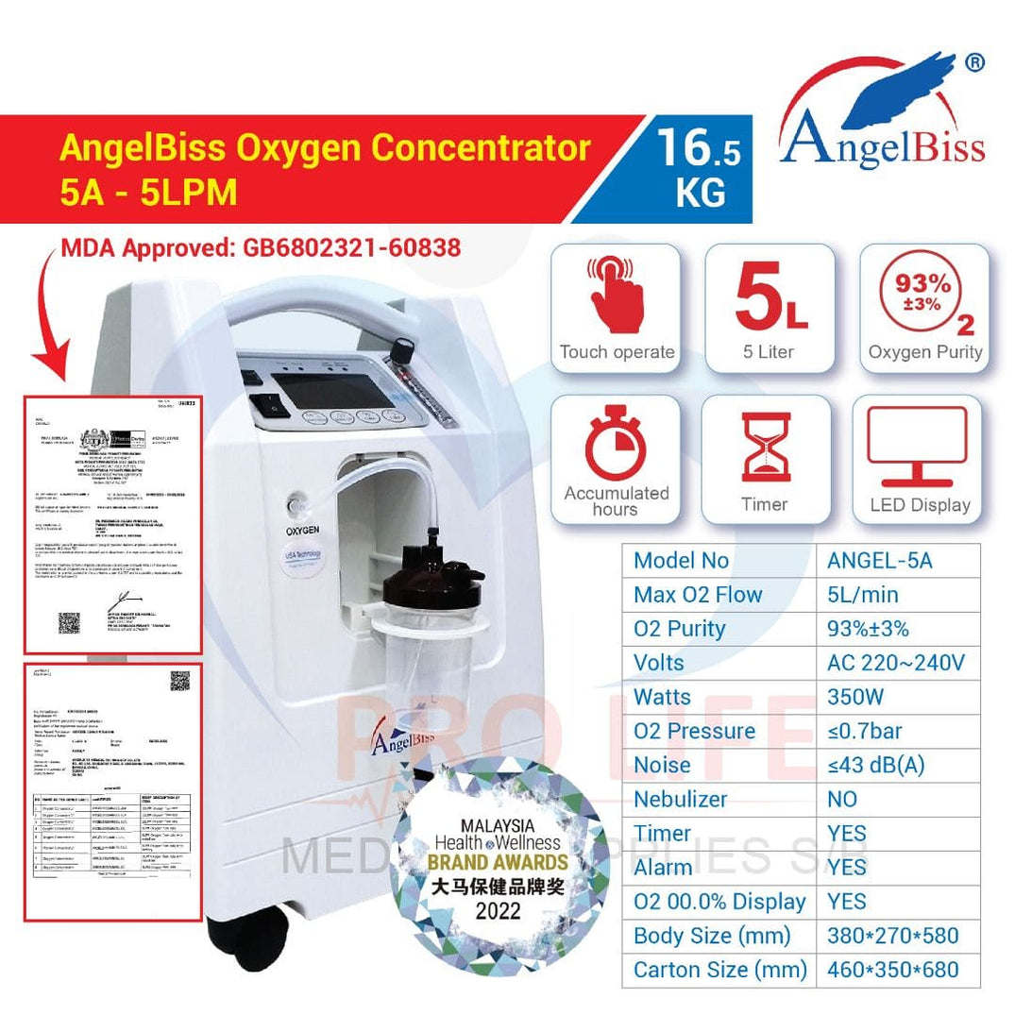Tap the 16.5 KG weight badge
tap(700, 169)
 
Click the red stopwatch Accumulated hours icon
tap(615, 445)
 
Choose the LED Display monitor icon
tap(916, 445)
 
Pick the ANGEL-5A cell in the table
tap(879, 560)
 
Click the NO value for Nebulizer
tap(841, 799)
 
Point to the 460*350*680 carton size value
tap(892, 970)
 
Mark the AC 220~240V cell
tap(896, 662)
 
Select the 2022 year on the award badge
tap(498, 913)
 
